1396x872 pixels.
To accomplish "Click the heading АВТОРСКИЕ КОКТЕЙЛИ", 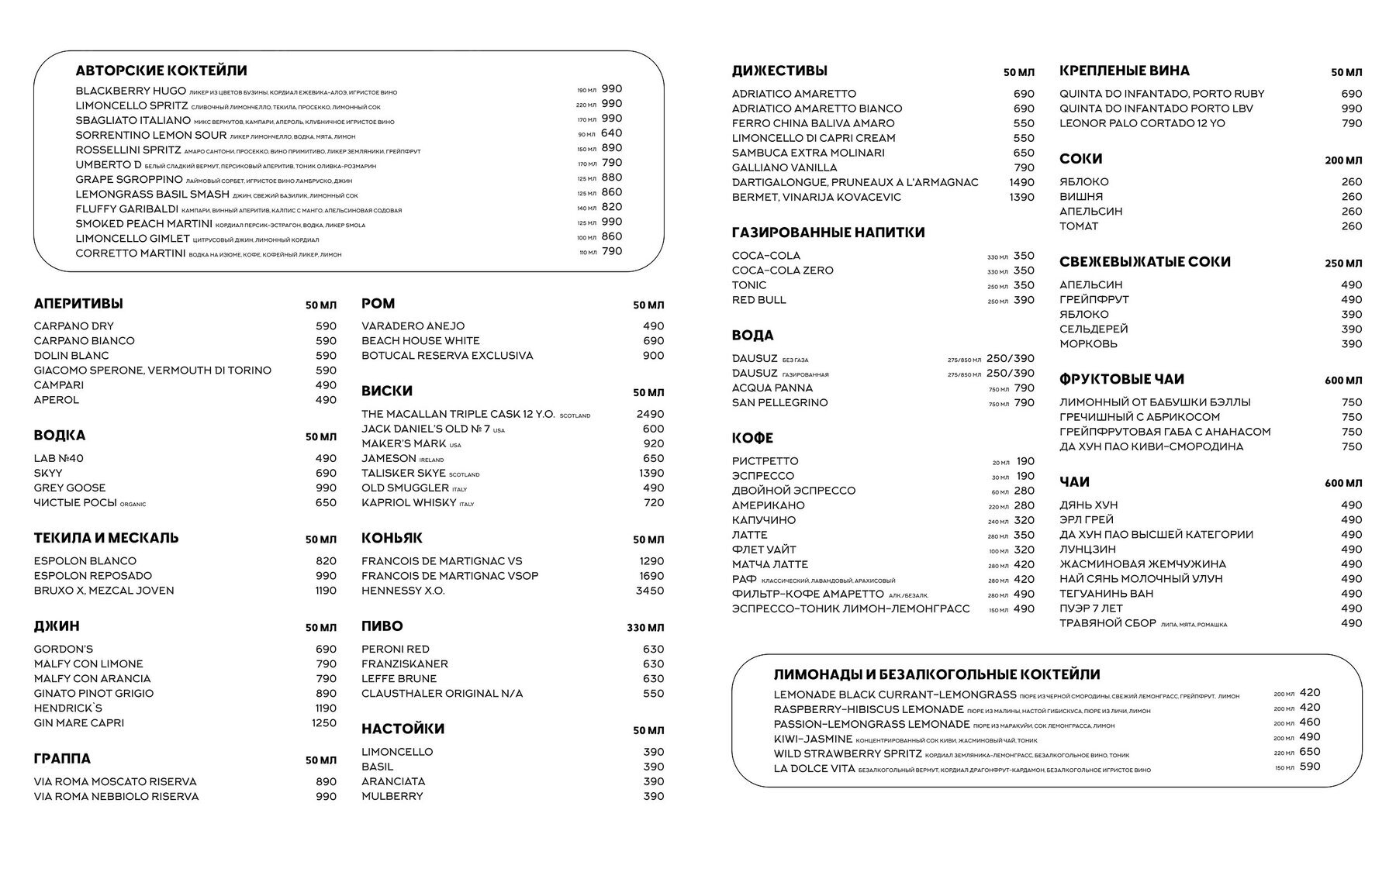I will pyautogui.click(x=161, y=71).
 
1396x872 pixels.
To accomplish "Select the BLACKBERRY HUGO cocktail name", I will pyautogui.click(x=130, y=91).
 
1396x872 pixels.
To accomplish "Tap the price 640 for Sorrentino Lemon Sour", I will pyautogui.click(x=611, y=133).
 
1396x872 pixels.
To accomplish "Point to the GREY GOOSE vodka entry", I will pyautogui.click(x=70, y=488).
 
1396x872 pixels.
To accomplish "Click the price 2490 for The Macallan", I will pyautogui.click(x=649, y=414).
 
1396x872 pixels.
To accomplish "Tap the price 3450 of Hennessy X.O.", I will pyautogui.click(x=649, y=591).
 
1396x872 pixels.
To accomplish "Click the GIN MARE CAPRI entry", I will pyautogui.click(x=78, y=723).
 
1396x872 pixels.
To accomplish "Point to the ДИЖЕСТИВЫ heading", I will pyautogui.click(x=779, y=71).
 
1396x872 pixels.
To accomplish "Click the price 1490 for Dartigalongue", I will pyautogui.click(x=1021, y=182).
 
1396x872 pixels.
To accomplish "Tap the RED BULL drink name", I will pyautogui.click(x=758, y=300).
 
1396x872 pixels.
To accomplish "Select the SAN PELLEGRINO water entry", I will pyautogui.click(x=779, y=403).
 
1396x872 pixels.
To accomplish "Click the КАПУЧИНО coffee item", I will pyautogui.click(x=764, y=520).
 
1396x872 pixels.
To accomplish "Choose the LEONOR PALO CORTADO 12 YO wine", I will pyautogui.click(x=1142, y=123).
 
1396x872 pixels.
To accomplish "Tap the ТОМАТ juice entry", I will pyautogui.click(x=1079, y=226).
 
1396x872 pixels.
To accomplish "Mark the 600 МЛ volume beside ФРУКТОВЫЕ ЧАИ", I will pyautogui.click(x=1342, y=381).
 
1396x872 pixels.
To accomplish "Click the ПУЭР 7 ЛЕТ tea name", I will pyautogui.click(x=1090, y=608).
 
